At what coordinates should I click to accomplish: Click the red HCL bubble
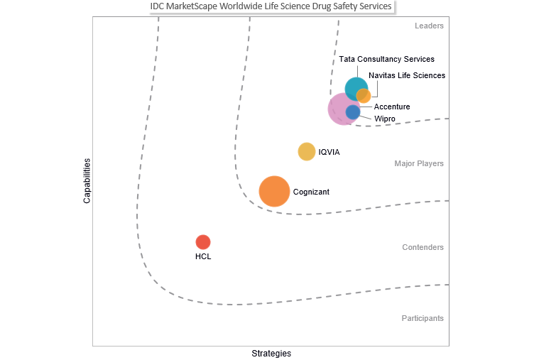click(203, 242)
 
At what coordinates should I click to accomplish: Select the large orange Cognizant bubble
click(274, 191)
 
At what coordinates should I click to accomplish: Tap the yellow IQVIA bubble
click(306, 151)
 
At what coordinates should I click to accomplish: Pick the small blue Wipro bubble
click(353, 112)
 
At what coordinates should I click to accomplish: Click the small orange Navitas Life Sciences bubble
click(364, 96)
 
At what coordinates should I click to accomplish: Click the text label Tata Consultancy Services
click(386, 60)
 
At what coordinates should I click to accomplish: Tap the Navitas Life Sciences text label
click(407, 75)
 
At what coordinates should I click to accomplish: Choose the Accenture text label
click(392, 107)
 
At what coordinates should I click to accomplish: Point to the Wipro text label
click(385, 119)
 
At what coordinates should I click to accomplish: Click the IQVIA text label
click(329, 152)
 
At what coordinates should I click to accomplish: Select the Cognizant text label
click(311, 192)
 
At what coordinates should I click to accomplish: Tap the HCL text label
click(203, 256)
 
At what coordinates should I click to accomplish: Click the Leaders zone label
click(429, 26)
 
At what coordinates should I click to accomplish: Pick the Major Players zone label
click(419, 164)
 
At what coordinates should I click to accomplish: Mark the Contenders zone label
click(423, 248)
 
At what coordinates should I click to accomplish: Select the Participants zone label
click(422, 319)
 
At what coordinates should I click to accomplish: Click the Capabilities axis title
click(87, 180)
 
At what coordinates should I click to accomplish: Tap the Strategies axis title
click(271, 354)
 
